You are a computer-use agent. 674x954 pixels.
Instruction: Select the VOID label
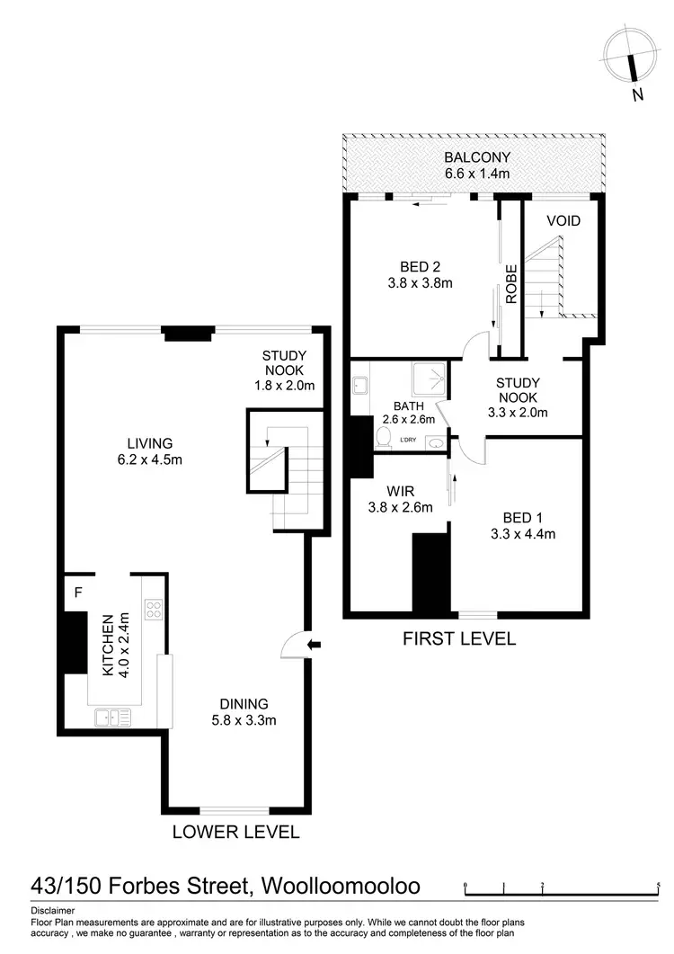pyautogui.click(x=563, y=221)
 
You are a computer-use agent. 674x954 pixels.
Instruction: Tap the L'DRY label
pyautogui.click(x=408, y=439)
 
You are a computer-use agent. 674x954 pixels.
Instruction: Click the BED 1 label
pyautogui.click(x=516, y=517)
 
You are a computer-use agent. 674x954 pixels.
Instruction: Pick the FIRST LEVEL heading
pyautogui.click(x=458, y=639)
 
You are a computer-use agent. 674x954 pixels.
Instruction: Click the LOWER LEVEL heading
pyautogui.click(x=235, y=832)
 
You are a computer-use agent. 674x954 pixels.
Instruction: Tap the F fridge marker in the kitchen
pyautogui.click(x=77, y=593)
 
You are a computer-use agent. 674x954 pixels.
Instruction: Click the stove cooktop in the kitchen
pyautogui.click(x=153, y=611)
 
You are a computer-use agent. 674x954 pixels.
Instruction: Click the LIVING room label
pyautogui.click(x=149, y=443)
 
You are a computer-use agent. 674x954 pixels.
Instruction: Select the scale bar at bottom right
pyautogui.click(x=562, y=892)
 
